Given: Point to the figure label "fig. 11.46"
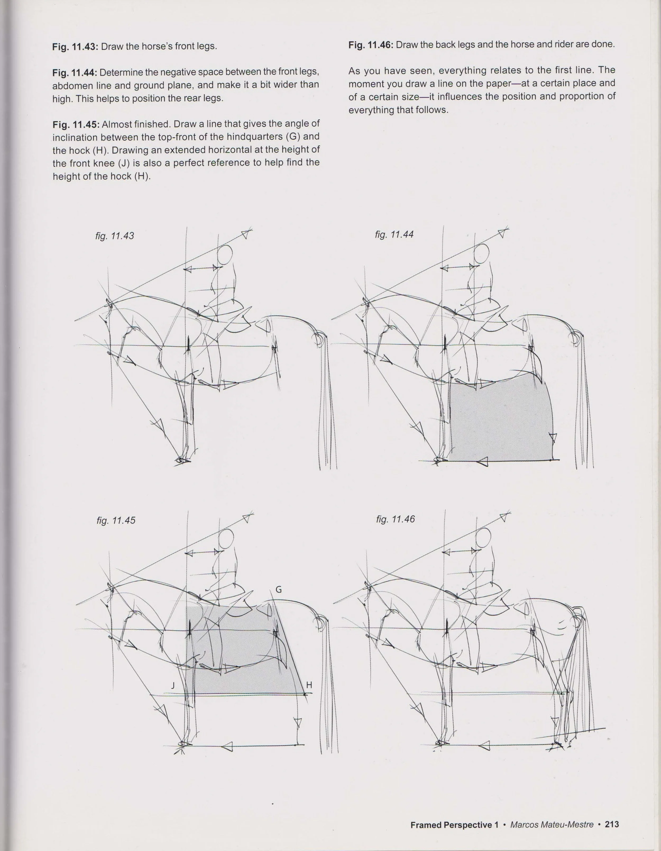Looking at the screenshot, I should [x=395, y=519].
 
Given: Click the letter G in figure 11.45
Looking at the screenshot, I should [x=278, y=590].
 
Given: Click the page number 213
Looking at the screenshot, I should [x=612, y=825].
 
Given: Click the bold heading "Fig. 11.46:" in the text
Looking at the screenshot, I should [x=370, y=45].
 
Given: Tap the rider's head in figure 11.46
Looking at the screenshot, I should [x=482, y=539].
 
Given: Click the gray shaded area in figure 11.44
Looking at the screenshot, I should [x=501, y=421].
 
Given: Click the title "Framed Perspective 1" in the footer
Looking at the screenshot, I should [x=454, y=825].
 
